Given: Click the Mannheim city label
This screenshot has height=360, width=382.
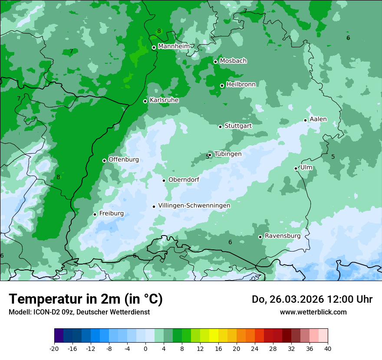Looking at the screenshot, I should pos(174,46).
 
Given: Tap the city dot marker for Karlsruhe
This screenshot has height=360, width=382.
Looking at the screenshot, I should pos(145,101).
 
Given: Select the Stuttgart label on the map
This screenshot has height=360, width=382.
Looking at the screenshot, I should pos(238,126).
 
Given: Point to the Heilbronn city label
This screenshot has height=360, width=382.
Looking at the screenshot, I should pos(241,85).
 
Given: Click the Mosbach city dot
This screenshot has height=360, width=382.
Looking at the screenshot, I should pos(215,62).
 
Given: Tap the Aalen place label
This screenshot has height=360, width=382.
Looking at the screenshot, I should pos(318,119).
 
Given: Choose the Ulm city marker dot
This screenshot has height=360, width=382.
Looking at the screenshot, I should pos(296,168).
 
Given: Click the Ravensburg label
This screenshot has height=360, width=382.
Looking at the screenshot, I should pos(283,236).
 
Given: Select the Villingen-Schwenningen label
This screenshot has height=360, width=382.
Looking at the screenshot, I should pos(194,206).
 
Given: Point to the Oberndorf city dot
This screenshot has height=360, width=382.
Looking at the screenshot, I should pos(164,180).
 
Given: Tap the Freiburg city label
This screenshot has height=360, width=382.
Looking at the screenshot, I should pos(111,213).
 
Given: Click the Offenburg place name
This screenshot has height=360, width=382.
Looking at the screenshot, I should pos(124,160).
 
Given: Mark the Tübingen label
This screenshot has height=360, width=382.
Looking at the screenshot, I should pos(228,154).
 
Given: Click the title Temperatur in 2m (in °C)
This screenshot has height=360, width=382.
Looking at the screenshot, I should pos(86,299).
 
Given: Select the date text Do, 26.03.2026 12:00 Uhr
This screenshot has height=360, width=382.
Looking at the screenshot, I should pos(312,299).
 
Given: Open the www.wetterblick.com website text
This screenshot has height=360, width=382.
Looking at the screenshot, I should pos(313,312).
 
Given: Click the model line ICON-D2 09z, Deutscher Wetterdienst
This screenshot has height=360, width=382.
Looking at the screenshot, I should pos(79,312).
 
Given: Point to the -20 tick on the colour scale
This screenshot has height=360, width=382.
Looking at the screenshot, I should pos(54,349).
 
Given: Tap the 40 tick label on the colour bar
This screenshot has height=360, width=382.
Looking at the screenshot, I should pos(328,349).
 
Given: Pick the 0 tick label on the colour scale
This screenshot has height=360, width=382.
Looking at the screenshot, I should pos(145,349).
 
